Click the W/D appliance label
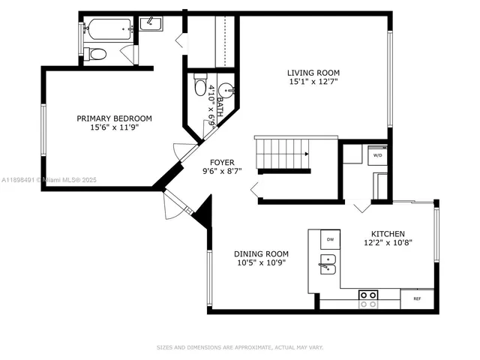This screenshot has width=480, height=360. [x=377, y=156]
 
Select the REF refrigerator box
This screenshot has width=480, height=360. [x=416, y=298]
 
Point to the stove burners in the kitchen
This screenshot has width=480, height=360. [x=368, y=299]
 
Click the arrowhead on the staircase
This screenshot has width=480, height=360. [x=306, y=154]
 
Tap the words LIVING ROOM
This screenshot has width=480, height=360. [x=312, y=73]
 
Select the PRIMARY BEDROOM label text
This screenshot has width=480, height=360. [x=115, y=118]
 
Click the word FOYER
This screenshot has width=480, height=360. [x=222, y=162]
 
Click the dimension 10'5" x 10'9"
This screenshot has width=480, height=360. [x=261, y=262]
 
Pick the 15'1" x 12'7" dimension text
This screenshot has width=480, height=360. [x=312, y=82]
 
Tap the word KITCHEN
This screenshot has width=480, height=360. [x=387, y=233]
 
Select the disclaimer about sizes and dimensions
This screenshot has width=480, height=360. [x=239, y=347]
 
